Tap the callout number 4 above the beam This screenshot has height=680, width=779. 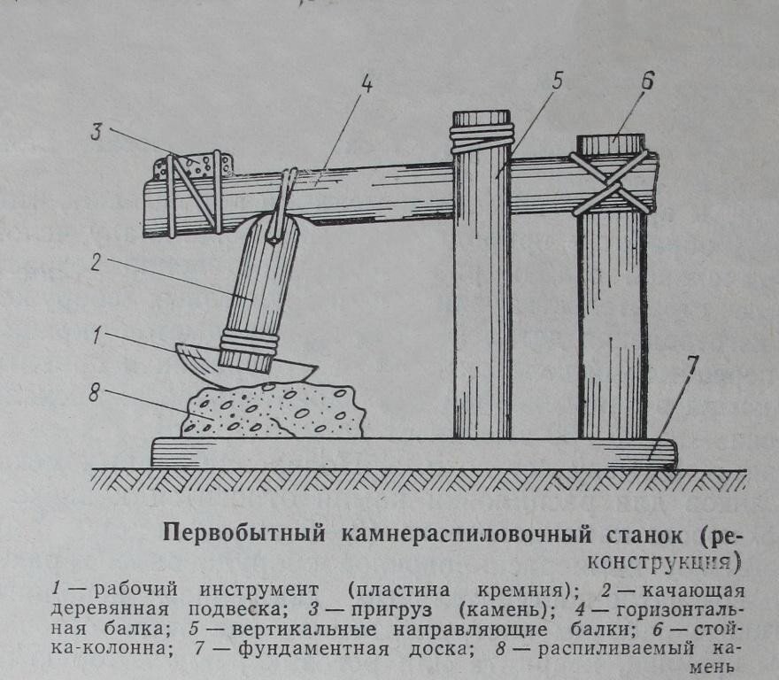point(366,86)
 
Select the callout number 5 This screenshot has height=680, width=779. point(556,81)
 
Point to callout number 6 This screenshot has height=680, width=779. point(646,81)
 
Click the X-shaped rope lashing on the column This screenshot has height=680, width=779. point(612,182)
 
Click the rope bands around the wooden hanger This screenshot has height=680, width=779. point(251,343)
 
